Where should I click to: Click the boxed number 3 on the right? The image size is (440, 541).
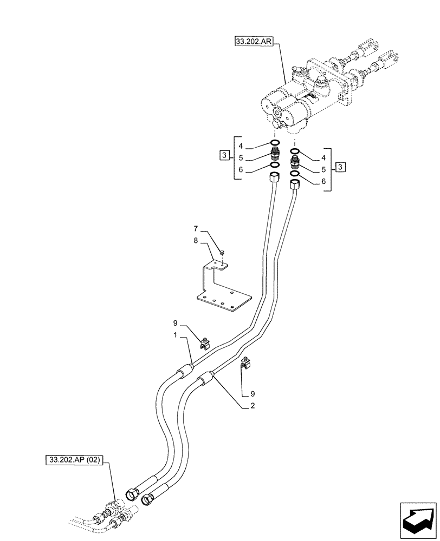pos(340,167)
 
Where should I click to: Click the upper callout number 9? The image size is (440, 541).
pos(175,324)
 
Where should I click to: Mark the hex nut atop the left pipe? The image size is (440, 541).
pos(274,176)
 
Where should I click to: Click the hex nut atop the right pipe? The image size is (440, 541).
pos(295,186)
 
